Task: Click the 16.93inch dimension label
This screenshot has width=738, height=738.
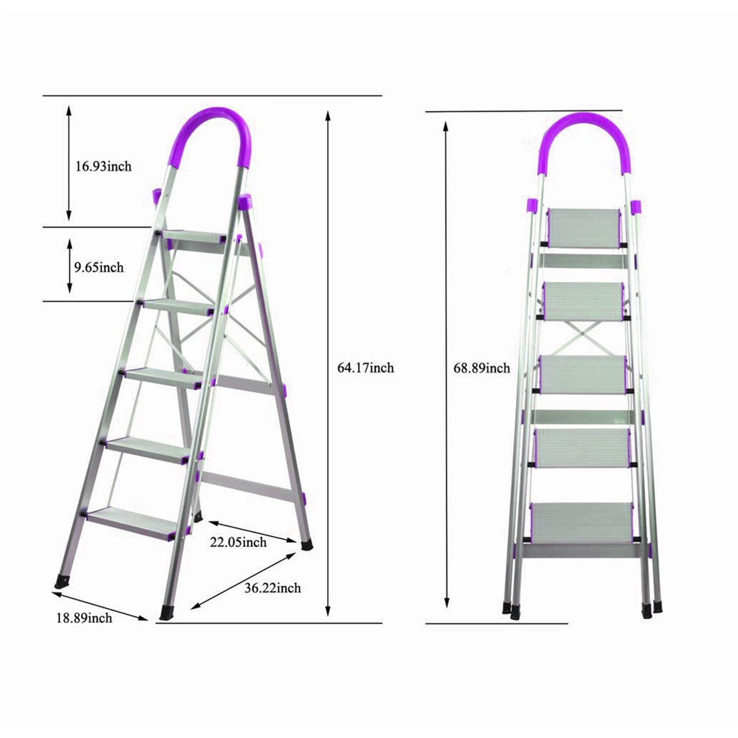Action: point(104,166)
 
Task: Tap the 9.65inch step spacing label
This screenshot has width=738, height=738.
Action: point(99,267)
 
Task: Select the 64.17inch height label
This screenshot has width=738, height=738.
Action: point(365,368)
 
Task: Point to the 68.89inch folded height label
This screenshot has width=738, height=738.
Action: point(481,368)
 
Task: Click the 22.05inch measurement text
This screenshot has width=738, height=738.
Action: point(238,542)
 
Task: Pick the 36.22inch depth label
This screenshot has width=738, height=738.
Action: point(272,588)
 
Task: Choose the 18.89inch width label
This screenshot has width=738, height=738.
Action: point(84,618)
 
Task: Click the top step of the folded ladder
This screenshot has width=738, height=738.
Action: point(584,228)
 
